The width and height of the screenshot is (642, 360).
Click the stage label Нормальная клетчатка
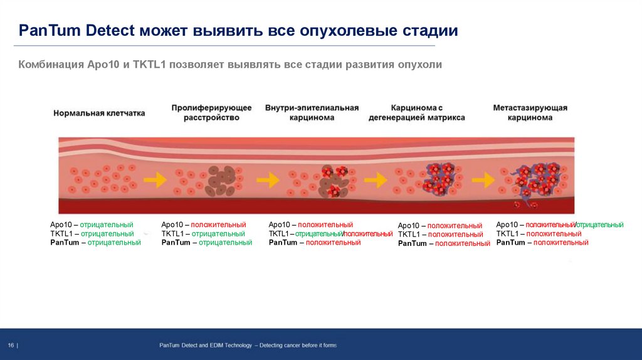coord(99,114)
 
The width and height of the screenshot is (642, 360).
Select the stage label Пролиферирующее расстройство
coord(211,113)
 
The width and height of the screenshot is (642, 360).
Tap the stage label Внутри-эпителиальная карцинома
coord(312,113)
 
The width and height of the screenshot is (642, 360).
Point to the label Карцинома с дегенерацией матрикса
coord(416,113)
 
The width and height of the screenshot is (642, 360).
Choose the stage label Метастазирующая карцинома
coord(530,113)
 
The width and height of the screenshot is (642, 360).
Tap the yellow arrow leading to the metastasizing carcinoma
coord(483,180)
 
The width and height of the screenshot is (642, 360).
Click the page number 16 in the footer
coord(12,346)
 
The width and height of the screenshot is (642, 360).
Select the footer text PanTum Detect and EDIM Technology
coord(205,346)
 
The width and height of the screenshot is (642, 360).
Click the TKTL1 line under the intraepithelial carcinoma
coord(330,233)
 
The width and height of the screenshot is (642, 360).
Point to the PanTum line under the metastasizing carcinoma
coord(542,242)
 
